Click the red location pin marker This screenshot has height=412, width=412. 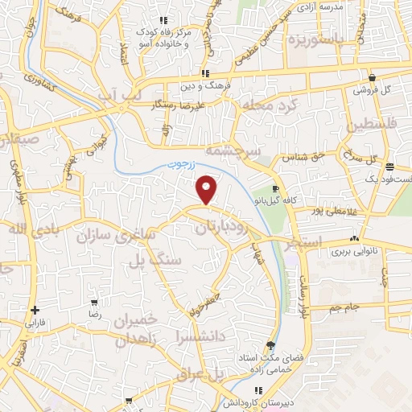[208, 189]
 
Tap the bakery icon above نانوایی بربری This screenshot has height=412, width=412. [355, 239]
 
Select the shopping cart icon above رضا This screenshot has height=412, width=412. [94, 303]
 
